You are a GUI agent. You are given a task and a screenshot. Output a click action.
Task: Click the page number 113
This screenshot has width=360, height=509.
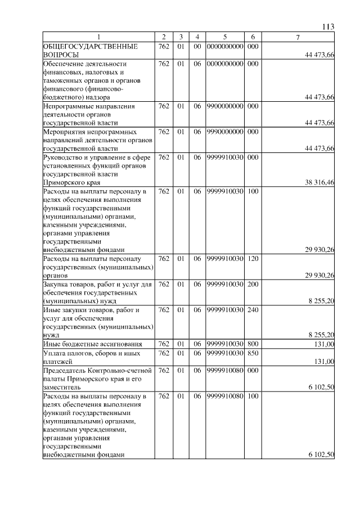[x=329, y=26]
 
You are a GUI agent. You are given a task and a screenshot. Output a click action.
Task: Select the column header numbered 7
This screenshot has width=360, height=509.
[x=298, y=37]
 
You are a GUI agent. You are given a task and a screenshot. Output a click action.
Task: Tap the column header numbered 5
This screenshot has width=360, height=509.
[x=224, y=37]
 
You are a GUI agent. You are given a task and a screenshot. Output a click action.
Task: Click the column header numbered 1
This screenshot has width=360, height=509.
[x=98, y=37]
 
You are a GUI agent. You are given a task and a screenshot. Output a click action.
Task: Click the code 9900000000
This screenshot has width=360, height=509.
[x=224, y=106]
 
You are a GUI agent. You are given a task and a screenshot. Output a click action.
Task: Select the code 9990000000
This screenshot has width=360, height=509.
[x=224, y=132]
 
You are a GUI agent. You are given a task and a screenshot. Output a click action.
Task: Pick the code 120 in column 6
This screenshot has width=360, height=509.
[x=253, y=259]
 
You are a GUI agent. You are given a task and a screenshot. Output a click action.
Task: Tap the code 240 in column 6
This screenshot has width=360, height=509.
[x=253, y=310]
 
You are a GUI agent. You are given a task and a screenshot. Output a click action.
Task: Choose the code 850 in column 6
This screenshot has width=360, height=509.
[x=253, y=353]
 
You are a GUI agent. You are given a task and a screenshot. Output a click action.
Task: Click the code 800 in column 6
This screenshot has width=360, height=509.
[x=253, y=344]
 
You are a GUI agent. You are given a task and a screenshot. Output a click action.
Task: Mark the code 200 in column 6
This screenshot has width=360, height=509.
[x=253, y=285]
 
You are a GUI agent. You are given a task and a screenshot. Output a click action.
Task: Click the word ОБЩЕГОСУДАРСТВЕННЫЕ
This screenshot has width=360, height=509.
[x=90, y=46]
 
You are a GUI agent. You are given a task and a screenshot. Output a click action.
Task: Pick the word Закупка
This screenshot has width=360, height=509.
[x=57, y=285]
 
